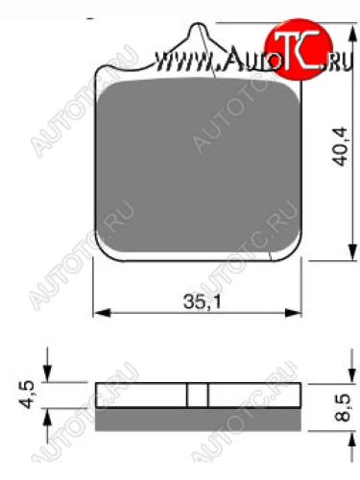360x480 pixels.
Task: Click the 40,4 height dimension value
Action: pos(340,147)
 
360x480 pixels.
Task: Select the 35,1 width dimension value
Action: pos(203,301)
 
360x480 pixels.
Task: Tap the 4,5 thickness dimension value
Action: pos(27,394)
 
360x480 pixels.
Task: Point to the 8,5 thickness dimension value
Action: pos(342,407)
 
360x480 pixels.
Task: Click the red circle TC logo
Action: pos(299,49)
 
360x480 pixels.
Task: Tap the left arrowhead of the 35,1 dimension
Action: pos(102,313)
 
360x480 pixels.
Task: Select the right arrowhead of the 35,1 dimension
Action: pos(293,313)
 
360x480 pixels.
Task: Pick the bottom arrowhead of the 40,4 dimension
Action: pos(352,252)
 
